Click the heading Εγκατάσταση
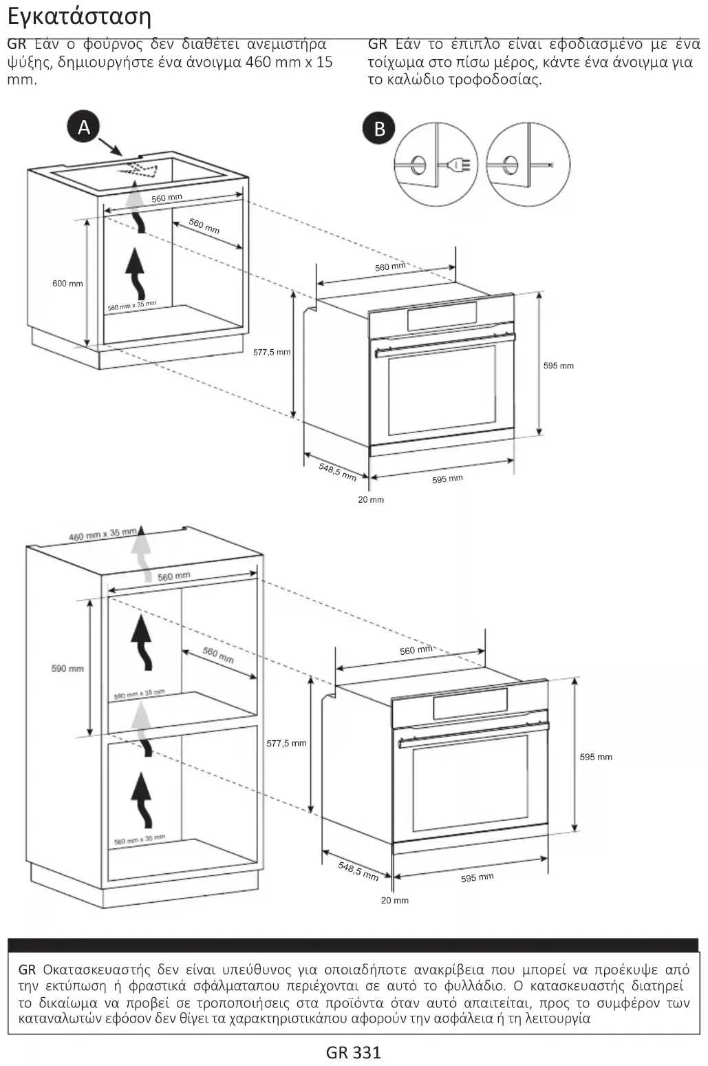coord(79,17)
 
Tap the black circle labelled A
coord(84,127)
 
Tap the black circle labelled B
coord(379,129)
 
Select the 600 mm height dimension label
coord(67,284)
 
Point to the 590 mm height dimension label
coord(67,669)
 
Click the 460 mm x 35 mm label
coord(103,534)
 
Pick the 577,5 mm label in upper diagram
coord(272,352)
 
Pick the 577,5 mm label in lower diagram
coord(286,743)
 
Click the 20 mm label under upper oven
coord(371,500)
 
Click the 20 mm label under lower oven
coord(395,901)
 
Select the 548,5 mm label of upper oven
coord(338,472)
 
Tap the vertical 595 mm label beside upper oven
coord(559,366)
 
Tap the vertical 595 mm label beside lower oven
coord(596,757)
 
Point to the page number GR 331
coord(353,1052)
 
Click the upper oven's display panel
coord(442,316)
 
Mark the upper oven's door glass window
coord(442,390)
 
